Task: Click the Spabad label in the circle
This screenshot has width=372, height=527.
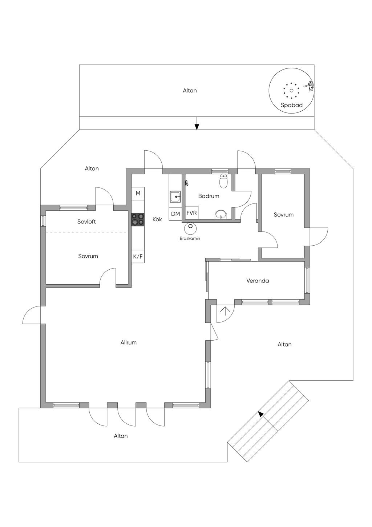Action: click(x=291, y=105)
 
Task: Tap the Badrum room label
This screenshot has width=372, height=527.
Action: click(x=209, y=196)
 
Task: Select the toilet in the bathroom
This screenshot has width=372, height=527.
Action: click(x=223, y=181)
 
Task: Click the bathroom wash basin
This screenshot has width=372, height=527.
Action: click(x=221, y=214)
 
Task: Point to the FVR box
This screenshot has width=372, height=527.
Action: click(x=192, y=213)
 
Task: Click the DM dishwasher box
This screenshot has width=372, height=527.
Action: click(x=175, y=214)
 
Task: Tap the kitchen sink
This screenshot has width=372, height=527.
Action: click(x=175, y=197)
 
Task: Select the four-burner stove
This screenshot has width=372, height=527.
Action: click(x=138, y=219)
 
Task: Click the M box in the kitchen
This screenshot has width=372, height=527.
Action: click(x=138, y=193)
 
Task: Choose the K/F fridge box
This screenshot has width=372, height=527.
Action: click(x=138, y=257)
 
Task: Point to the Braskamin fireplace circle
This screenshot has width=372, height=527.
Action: click(x=190, y=228)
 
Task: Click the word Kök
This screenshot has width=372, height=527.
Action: click(x=157, y=219)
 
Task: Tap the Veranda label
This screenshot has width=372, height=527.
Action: click(x=258, y=281)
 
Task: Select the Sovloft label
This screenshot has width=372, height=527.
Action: click(x=86, y=222)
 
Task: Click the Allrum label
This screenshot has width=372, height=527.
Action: click(x=129, y=342)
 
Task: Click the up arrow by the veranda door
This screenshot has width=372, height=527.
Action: click(x=225, y=311)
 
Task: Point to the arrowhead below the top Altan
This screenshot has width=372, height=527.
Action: click(x=197, y=127)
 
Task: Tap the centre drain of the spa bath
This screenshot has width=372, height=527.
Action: click(x=291, y=91)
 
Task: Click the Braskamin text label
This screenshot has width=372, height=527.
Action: click(x=190, y=238)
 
